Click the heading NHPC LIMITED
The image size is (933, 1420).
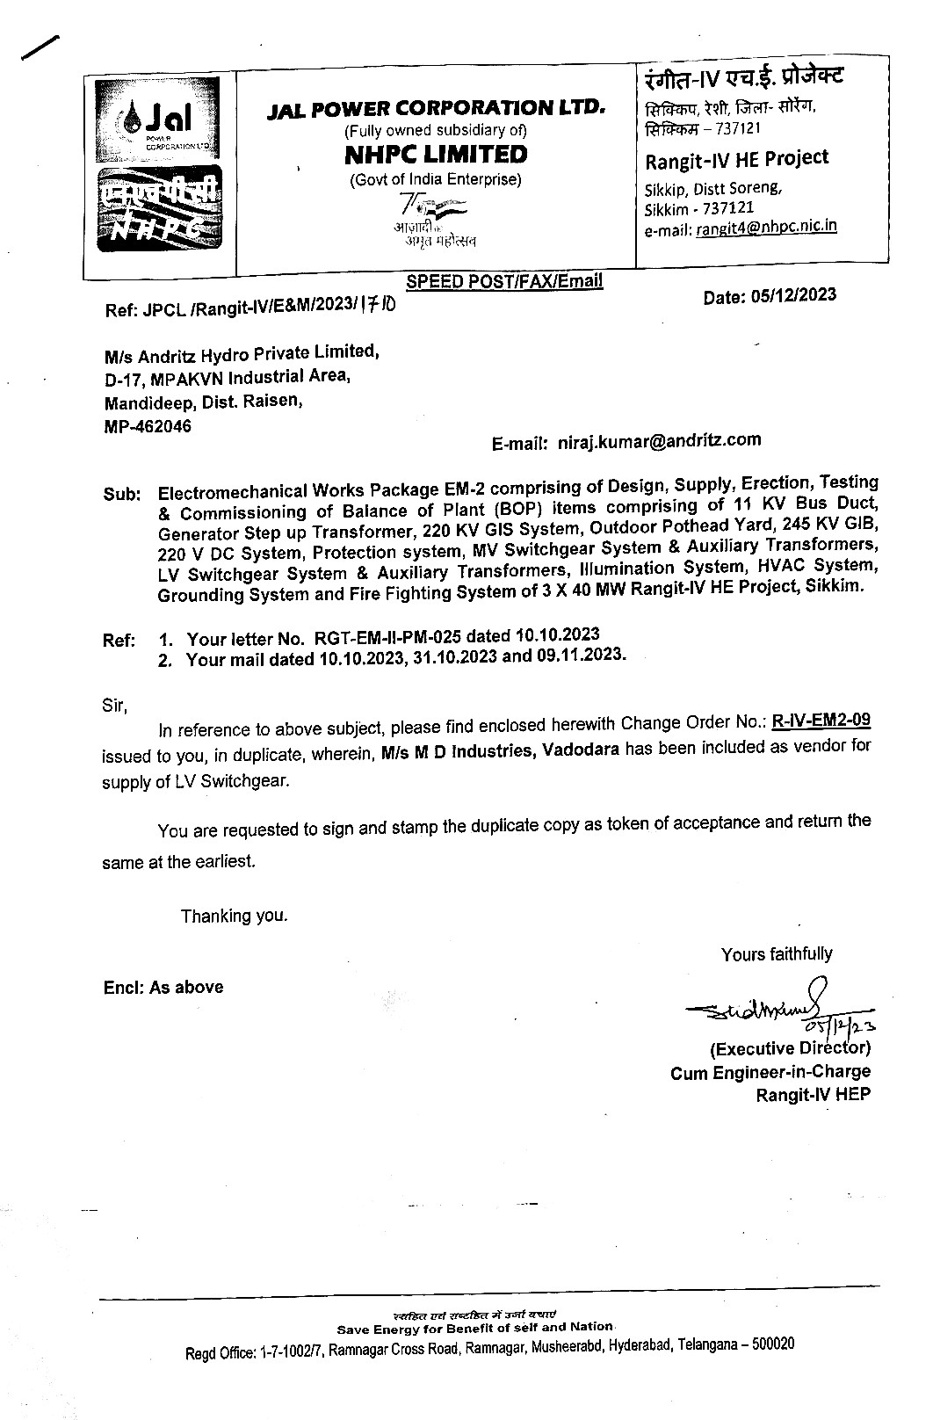tap(436, 155)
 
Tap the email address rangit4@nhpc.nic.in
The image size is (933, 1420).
tap(765, 227)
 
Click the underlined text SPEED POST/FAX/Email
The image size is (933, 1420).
tap(504, 281)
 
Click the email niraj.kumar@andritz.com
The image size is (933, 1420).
tap(660, 440)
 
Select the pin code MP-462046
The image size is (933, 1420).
tap(148, 427)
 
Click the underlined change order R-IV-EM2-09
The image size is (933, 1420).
tap(821, 721)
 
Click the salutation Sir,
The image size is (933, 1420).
tap(115, 706)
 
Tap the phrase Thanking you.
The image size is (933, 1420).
tap(234, 916)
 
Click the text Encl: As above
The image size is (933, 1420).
tap(163, 987)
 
